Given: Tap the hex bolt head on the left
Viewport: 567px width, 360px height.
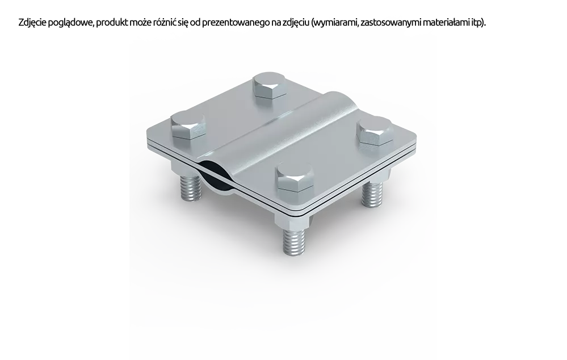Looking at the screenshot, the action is pyautogui.click(x=188, y=125).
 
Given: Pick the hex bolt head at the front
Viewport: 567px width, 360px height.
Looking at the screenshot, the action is pyautogui.click(x=294, y=178).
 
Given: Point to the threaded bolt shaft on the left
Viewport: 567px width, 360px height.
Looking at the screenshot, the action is pyautogui.click(x=190, y=187).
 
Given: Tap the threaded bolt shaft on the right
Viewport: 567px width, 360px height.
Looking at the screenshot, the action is pyautogui.click(x=372, y=194).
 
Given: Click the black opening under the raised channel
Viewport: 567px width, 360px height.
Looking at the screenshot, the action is pyautogui.click(x=216, y=176).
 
